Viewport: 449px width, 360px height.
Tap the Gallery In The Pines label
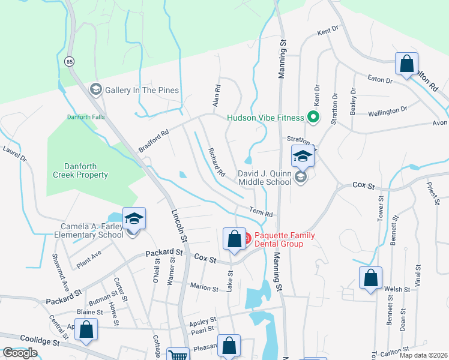click(x=142, y=90)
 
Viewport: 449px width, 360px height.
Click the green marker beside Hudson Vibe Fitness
click(x=312, y=118)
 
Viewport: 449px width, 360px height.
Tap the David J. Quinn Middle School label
click(x=265, y=177)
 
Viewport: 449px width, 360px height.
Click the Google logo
click(x=20, y=353)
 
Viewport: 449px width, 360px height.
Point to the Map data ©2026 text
click(x=423, y=355)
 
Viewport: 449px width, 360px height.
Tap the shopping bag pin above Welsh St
click(x=370, y=278)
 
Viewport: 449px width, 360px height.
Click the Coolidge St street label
click(x=40, y=340)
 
